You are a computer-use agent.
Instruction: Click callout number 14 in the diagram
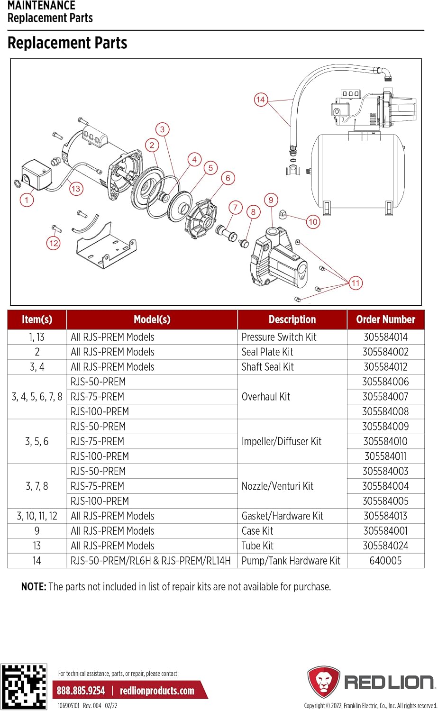pyautogui.click(x=260, y=100)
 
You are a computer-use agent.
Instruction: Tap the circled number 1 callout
pyautogui.click(x=27, y=200)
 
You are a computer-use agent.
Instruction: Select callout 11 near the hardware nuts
pyautogui.click(x=356, y=283)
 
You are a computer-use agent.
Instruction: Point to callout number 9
pyautogui.click(x=271, y=200)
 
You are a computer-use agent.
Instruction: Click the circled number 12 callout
pyautogui.click(x=53, y=243)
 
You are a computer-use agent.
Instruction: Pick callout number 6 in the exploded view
pyautogui.click(x=228, y=178)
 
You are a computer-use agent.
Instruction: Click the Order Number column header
pyautogui.click(x=386, y=319)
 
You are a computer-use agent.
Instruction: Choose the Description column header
pyautogui.click(x=292, y=319)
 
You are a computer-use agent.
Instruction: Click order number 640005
pyautogui.click(x=385, y=561)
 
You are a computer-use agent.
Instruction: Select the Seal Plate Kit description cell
pyautogui.click(x=267, y=352)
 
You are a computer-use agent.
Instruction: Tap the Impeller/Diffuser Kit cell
pyautogui.click(x=282, y=441)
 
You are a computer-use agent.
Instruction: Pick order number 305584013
pyautogui.click(x=385, y=516)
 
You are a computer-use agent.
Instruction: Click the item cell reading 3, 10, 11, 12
pyautogui.click(x=37, y=516)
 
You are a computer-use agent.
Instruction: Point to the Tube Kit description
pyautogui.click(x=257, y=546)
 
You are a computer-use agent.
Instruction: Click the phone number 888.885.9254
pyautogui.click(x=81, y=691)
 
